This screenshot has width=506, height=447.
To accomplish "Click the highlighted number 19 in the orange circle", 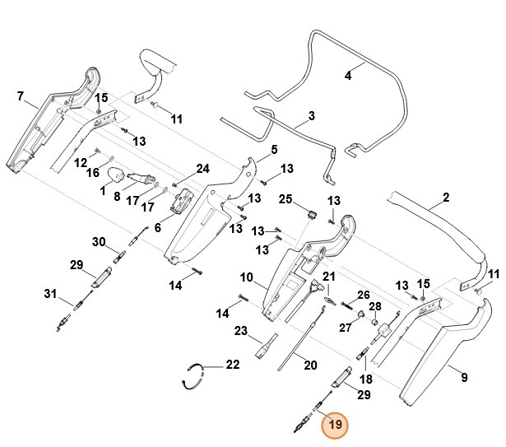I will coord(334,426).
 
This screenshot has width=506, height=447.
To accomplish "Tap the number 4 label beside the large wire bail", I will coord(348,75).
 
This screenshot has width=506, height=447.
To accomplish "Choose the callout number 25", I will coord(285,200).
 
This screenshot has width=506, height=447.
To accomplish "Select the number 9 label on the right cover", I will coord(464,378).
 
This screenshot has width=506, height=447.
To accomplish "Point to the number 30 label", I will coord(99,242).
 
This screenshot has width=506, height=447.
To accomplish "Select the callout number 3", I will coord(311,117).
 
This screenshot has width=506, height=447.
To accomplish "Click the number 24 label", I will coord(202,170).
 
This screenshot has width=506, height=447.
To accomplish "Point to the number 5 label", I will coord(274,149).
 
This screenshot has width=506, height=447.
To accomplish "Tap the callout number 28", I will coord(374,307).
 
